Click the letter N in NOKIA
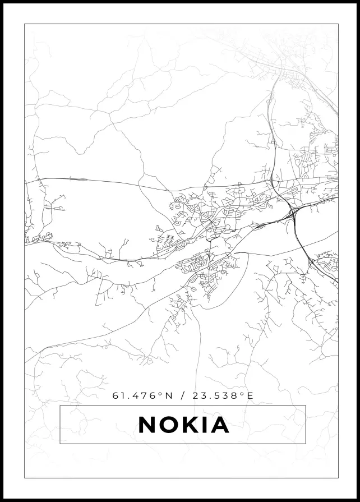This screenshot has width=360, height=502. pyautogui.click(x=147, y=425)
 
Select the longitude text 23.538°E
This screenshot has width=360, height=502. pyautogui.click(x=223, y=395)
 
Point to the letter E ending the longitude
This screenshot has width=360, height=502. pyautogui.click(x=250, y=395)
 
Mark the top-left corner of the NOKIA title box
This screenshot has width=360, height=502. pyautogui.click(x=60, y=405)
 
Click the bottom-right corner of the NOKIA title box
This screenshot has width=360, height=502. pyautogui.click(x=306, y=444)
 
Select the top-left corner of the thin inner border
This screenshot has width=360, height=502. pyautogui.click(x=25, y=24)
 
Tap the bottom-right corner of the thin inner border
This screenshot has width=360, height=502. pyautogui.click(x=338, y=478)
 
